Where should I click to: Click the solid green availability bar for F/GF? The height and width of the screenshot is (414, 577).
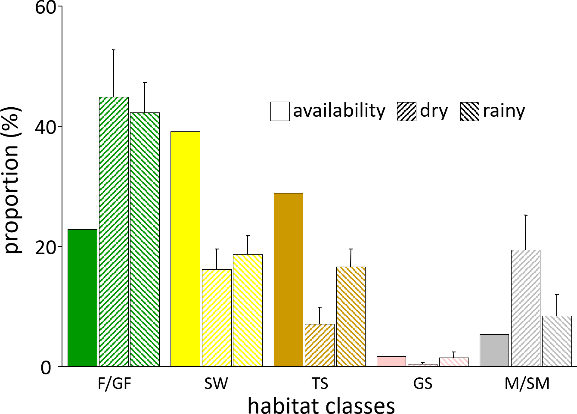click(x=82, y=298)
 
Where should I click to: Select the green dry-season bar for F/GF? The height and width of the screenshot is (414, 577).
click(x=114, y=232)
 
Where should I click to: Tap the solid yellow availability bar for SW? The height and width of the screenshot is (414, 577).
click(x=185, y=249)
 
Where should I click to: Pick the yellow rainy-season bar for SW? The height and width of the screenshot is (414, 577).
click(x=248, y=310)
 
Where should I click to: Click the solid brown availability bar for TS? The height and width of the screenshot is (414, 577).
click(x=288, y=280)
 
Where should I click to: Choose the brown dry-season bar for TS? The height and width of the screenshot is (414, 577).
click(x=320, y=345)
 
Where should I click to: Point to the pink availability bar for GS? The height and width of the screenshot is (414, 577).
click(x=391, y=361)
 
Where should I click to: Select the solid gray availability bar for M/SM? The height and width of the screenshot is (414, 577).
click(x=494, y=350)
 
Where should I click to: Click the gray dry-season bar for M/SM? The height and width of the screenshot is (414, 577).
click(x=525, y=308)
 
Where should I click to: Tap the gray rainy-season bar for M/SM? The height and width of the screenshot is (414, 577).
click(x=557, y=341)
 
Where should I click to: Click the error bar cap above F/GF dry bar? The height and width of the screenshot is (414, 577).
click(x=114, y=50)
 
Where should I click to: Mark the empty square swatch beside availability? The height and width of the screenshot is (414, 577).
click(x=280, y=111)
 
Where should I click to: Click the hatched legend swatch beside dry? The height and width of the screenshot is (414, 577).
click(x=406, y=111)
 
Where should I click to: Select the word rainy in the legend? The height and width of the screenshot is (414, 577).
click(x=504, y=111)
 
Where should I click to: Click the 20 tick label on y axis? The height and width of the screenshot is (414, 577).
click(x=46, y=247)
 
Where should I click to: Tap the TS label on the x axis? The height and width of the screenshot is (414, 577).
click(x=320, y=383)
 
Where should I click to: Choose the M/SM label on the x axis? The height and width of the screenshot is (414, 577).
click(x=527, y=383)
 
